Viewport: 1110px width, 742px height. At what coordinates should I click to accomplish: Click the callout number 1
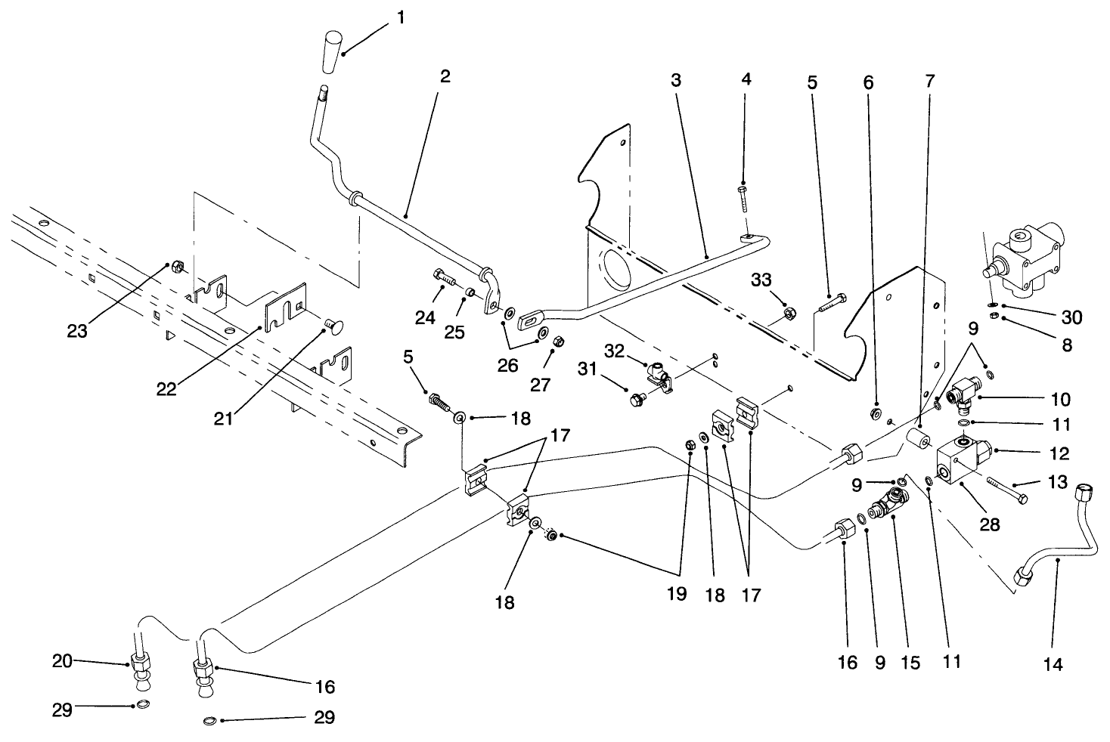pos(400,17)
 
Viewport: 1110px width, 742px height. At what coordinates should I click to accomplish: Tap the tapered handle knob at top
pos(332,52)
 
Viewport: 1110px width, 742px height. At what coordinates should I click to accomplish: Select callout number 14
pos(1053,664)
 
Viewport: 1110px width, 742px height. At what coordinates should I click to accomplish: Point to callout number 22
pos(166,389)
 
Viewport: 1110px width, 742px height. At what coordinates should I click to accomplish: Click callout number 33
pos(761,280)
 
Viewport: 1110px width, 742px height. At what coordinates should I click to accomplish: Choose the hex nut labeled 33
pos(786,311)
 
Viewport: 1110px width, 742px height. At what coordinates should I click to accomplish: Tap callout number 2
pos(445,76)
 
